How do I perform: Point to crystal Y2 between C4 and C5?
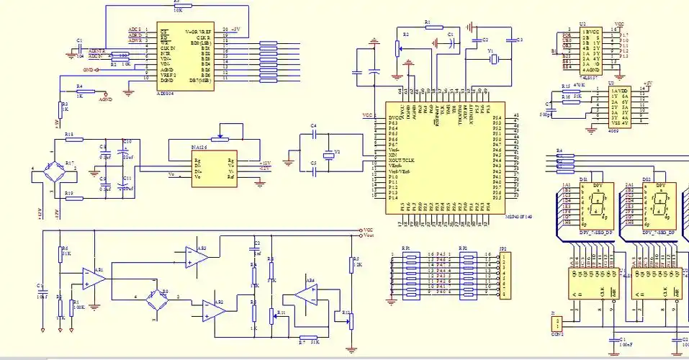click(x=330, y=154)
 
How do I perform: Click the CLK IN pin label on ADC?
click(x=170, y=48)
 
